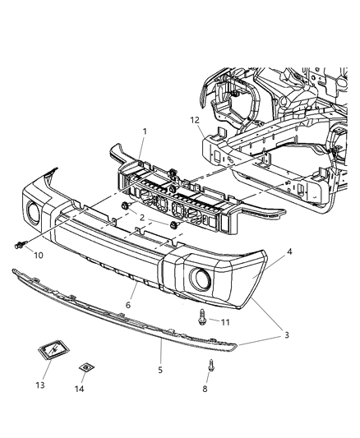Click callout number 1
click(x=145, y=131)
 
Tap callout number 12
click(x=195, y=120)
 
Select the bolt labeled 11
click(x=201, y=316)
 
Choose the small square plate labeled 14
click(x=84, y=369)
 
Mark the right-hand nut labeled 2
click(x=173, y=225)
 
